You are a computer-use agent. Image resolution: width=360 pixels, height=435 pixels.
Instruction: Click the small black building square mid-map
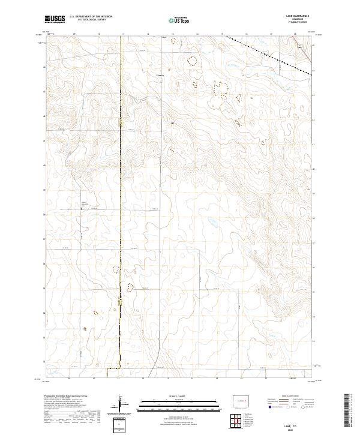tap(173, 123)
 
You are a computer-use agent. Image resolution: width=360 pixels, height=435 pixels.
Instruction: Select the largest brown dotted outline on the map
tap(221, 90)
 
